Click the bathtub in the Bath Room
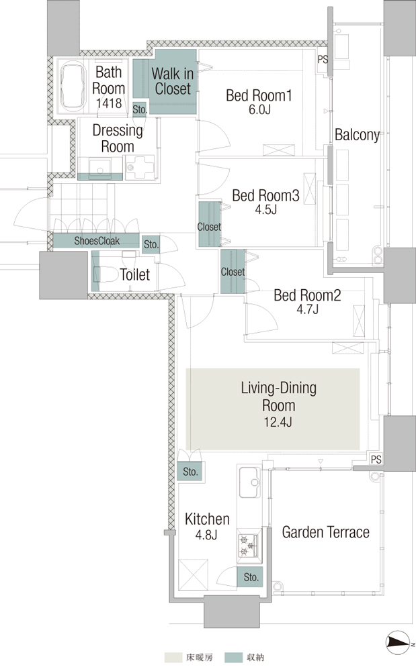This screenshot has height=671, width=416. (x=73, y=86)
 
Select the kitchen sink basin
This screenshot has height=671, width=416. (x=249, y=482)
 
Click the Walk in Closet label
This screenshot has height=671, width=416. (x=172, y=81)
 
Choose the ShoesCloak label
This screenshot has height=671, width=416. (x=97, y=241)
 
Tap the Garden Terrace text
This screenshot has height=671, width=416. (x=325, y=532)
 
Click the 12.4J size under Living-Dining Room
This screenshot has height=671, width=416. (x=278, y=422)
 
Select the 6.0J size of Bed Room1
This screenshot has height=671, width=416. (x=259, y=109)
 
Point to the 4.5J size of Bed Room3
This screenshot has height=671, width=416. (x=265, y=209)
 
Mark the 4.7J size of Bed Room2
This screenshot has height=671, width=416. (x=307, y=309)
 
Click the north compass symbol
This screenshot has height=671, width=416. (x=399, y=643)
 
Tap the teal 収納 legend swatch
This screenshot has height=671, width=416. (x=233, y=658)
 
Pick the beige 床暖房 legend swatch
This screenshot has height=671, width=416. (x=173, y=658)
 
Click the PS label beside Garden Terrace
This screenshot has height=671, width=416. (x=376, y=460)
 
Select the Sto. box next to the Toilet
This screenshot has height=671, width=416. (x=151, y=244)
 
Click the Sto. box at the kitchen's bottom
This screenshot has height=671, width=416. (x=251, y=577)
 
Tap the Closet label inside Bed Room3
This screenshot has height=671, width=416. (x=209, y=227)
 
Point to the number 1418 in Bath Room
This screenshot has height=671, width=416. (x=109, y=103)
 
